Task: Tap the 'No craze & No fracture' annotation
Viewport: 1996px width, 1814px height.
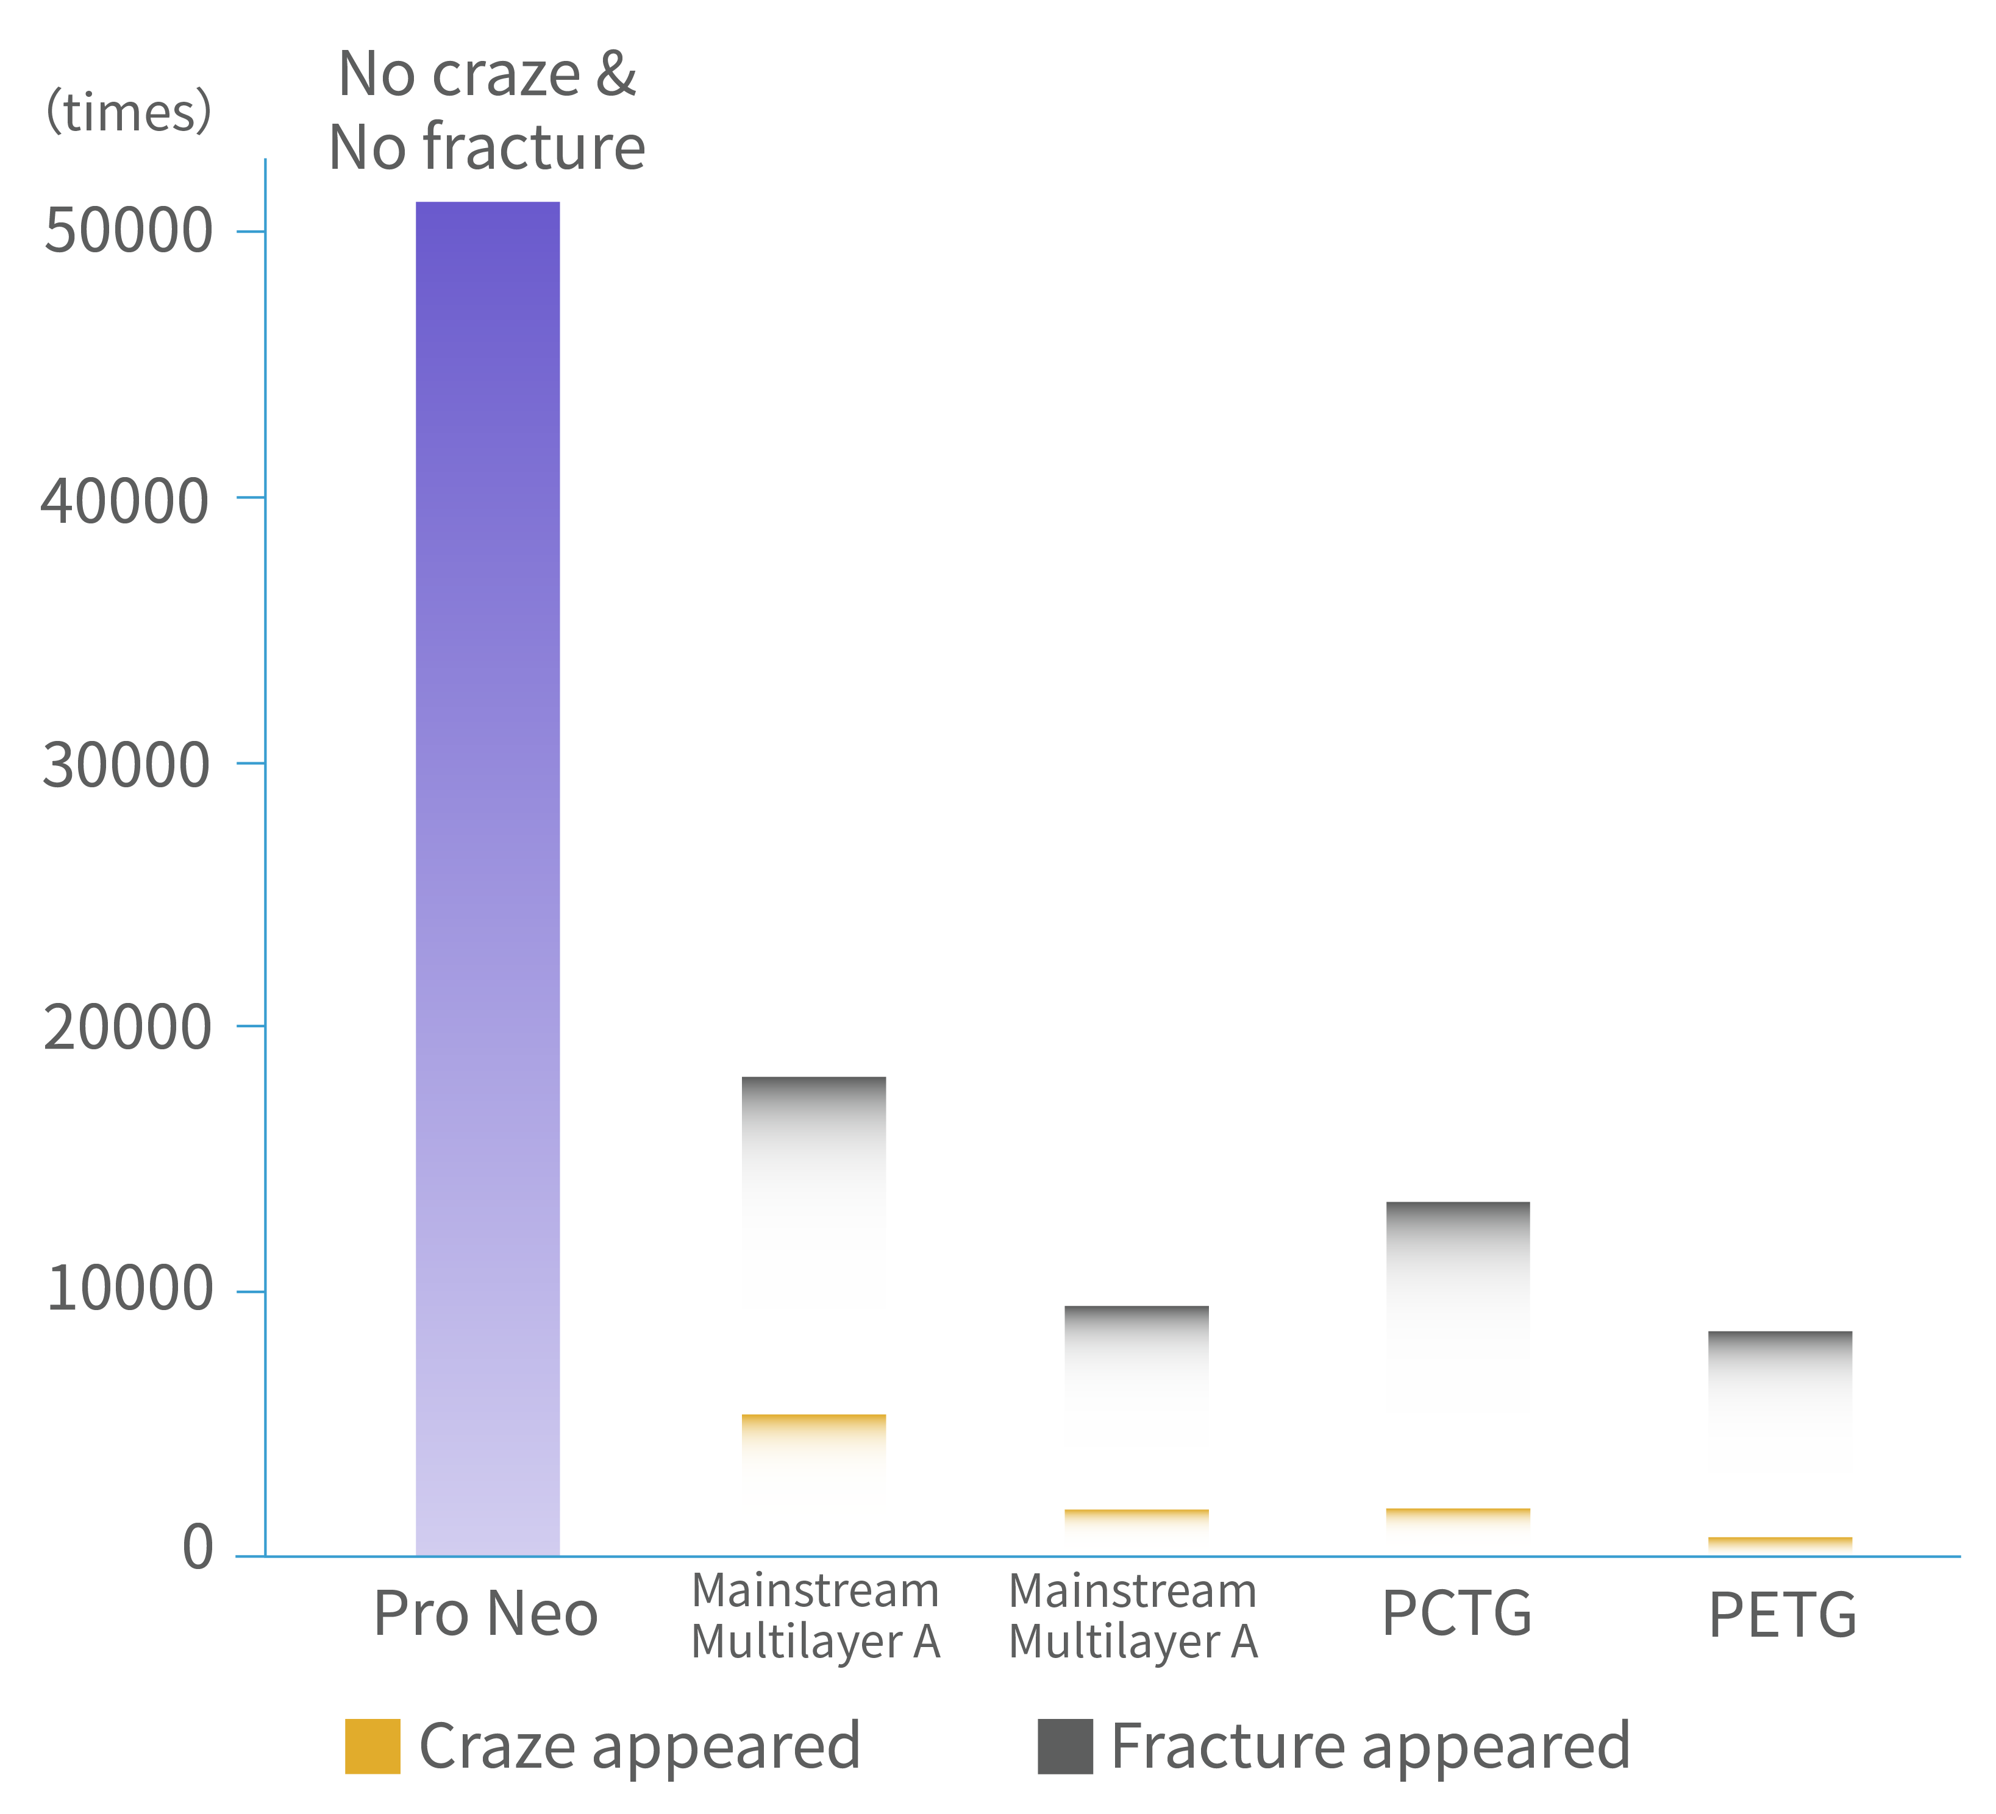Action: click(487, 111)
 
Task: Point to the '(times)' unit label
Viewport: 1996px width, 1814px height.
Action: click(129, 111)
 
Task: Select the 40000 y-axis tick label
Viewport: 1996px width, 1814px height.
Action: click(125, 500)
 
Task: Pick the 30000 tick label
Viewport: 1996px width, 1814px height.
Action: click(126, 765)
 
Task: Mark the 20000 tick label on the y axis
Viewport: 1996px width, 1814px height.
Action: click(127, 1027)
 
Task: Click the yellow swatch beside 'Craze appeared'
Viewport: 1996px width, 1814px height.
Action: click(372, 1747)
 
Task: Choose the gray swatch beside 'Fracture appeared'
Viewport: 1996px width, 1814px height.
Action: click(1065, 1747)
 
